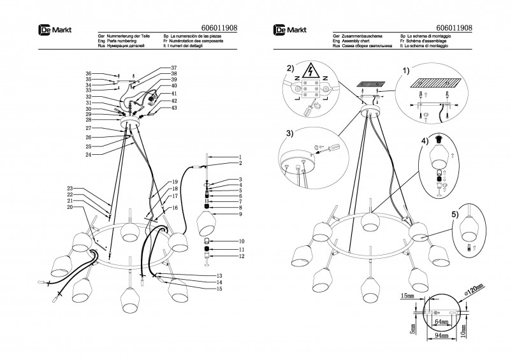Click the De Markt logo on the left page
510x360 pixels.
point(52,29)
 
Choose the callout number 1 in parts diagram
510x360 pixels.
point(240,157)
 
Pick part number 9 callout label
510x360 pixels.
point(240,214)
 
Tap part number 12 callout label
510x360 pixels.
point(240,256)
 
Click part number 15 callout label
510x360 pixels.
point(219,289)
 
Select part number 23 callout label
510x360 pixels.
point(69,188)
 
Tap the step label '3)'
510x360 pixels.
point(290,133)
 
